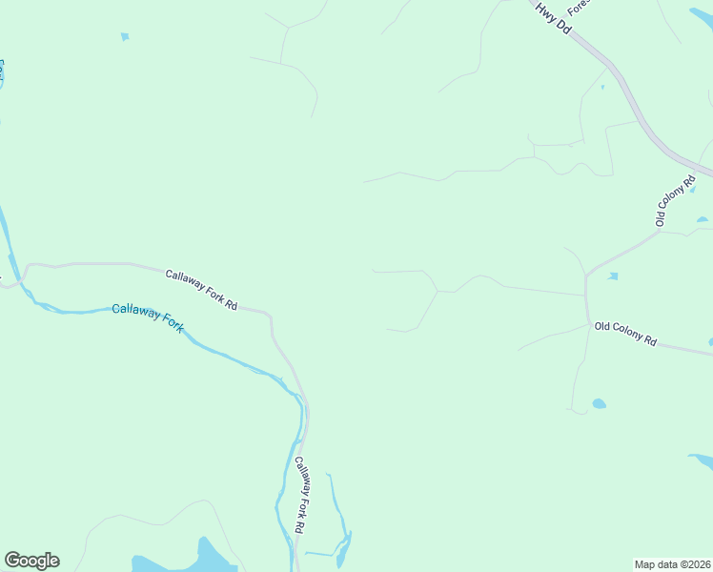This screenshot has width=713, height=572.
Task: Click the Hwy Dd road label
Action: pyautogui.click(x=553, y=19)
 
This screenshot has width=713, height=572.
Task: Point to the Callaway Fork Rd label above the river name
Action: pyautogui.click(x=200, y=289)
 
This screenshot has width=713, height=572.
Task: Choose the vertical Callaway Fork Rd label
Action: pyautogui.click(x=299, y=495)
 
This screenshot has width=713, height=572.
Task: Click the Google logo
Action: pyautogui.click(x=31, y=561)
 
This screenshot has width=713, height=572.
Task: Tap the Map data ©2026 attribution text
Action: pyautogui.click(x=673, y=563)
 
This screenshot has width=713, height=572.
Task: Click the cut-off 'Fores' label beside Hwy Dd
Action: pyautogui.click(x=581, y=10)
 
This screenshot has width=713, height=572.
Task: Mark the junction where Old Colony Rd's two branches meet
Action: pyautogui.click(x=585, y=275)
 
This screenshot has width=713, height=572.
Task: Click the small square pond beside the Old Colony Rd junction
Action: pyautogui.click(x=612, y=276)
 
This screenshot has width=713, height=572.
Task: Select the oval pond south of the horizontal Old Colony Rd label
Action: pyautogui.click(x=599, y=403)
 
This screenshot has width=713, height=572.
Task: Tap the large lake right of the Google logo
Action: pyautogui.click(x=186, y=562)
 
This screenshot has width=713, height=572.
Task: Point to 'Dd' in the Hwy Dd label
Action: pyautogui.click(x=563, y=29)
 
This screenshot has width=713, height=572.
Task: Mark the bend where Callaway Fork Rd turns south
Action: pyautogui.click(x=272, y=317)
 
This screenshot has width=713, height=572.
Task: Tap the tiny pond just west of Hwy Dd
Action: pyautogui.click(x=602, y=88)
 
